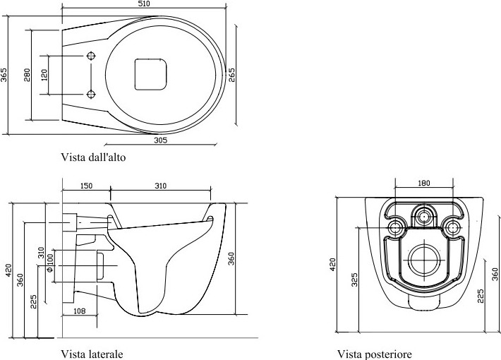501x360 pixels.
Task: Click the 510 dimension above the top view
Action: coord(145,4)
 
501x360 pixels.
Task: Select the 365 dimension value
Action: coord(4,75)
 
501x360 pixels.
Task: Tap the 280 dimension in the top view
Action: coord(27,75)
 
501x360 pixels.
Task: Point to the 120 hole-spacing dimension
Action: coord(44,75)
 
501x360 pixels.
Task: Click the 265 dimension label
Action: coord(231,75)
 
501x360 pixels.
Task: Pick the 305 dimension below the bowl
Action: coord(160,140)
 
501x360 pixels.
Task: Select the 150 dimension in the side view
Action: coord(86,186)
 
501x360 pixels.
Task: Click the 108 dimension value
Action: coord(80,311)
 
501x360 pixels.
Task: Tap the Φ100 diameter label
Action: coord(50,263)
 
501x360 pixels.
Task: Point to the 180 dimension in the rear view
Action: coord(424,184)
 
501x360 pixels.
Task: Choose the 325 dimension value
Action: coord(354,280)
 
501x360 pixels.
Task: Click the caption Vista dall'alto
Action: coord(93,157)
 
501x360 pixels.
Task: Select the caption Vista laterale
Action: coord(92,354)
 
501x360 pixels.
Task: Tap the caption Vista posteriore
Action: coord(375,354)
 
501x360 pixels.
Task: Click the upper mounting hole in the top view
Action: coord(92,56)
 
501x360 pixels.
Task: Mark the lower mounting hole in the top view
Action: coord(92,95)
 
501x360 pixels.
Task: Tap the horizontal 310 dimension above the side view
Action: coord(161,186)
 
